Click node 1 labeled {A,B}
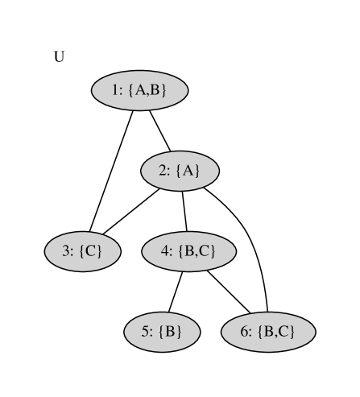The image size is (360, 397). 139,90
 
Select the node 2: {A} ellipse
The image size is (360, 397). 180,171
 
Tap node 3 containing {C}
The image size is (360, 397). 82,251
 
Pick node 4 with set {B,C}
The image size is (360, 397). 188,251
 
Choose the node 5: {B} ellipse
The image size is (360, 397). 162,331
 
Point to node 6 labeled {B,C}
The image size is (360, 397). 267,331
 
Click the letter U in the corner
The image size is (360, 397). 59,57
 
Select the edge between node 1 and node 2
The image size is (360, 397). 159,130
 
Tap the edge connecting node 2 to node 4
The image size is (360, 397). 184,211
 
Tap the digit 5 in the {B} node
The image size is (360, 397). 147,331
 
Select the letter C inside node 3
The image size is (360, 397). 91,251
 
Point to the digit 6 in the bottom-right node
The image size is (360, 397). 245,331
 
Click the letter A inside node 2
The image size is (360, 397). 187,171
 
